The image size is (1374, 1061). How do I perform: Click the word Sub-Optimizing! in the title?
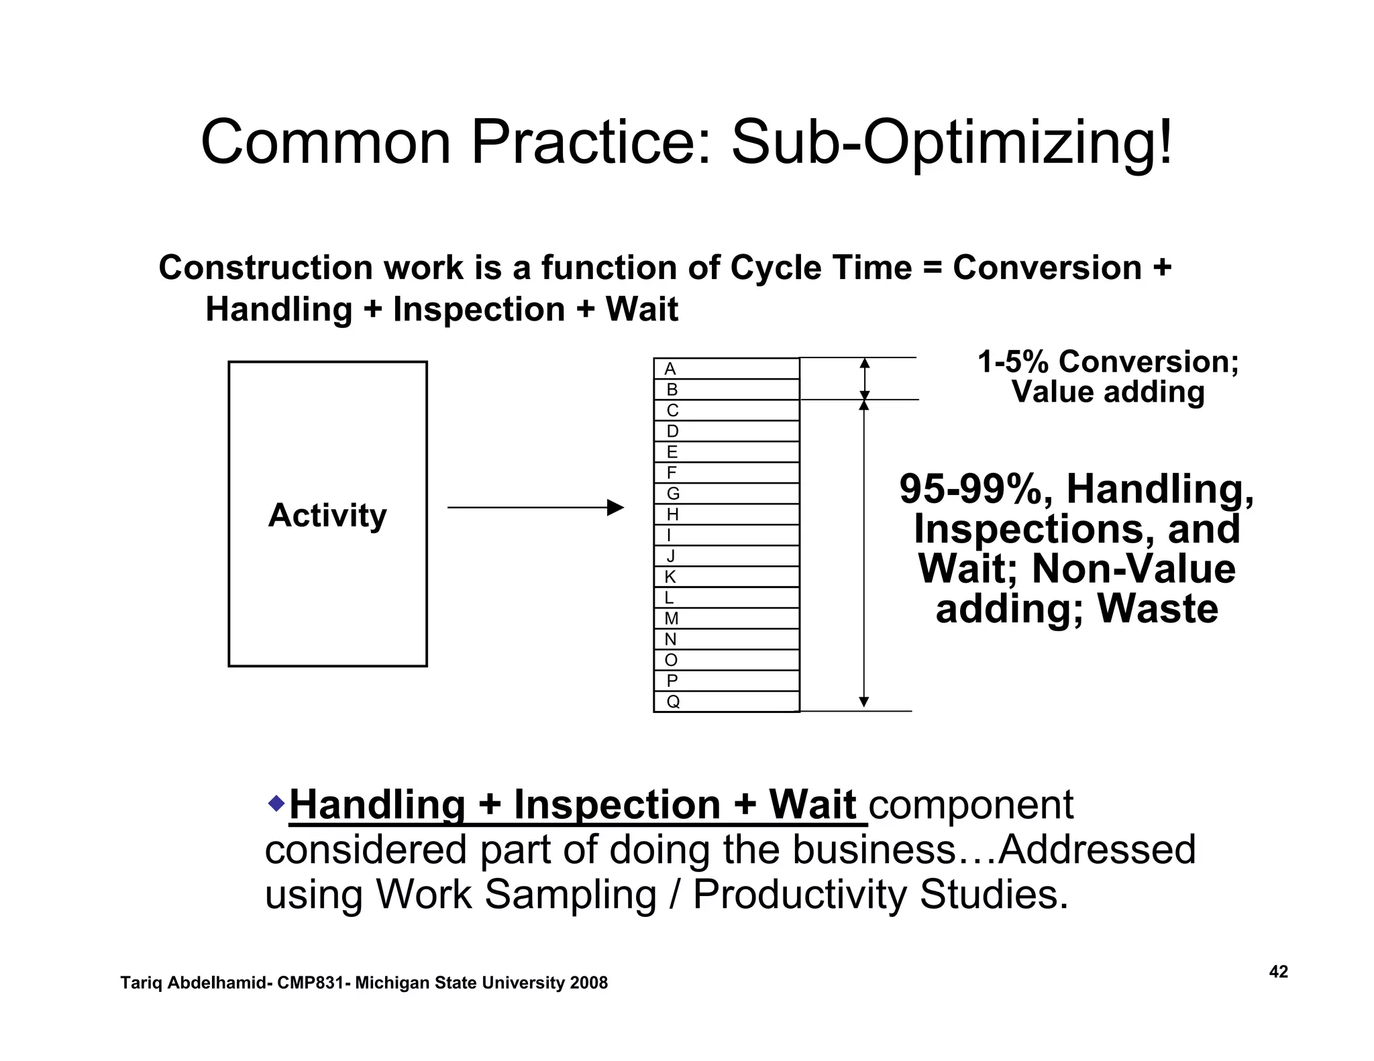(951, 143)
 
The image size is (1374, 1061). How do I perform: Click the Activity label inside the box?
(327, 515)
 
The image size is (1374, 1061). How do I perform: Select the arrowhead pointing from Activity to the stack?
(615, 508)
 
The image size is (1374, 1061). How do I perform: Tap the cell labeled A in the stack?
(726, 369)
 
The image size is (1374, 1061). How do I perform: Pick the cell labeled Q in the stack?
(726, 702)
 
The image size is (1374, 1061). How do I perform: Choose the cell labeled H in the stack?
(726, 514)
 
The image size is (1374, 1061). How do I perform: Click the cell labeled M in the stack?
(726, 618)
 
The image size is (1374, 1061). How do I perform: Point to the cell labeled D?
(726, 431)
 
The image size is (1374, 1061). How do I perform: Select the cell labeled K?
(726, 577)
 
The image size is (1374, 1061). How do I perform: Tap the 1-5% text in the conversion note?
(1013, 362)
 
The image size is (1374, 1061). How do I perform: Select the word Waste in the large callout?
(1157, 609)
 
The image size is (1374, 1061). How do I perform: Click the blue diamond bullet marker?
(276, 802)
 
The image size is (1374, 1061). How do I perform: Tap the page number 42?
(1278, 972)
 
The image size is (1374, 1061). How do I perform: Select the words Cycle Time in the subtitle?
(821, 268)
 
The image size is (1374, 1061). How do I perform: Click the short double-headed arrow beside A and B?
(864, 379)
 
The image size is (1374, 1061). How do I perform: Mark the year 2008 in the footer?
(588, 983)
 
